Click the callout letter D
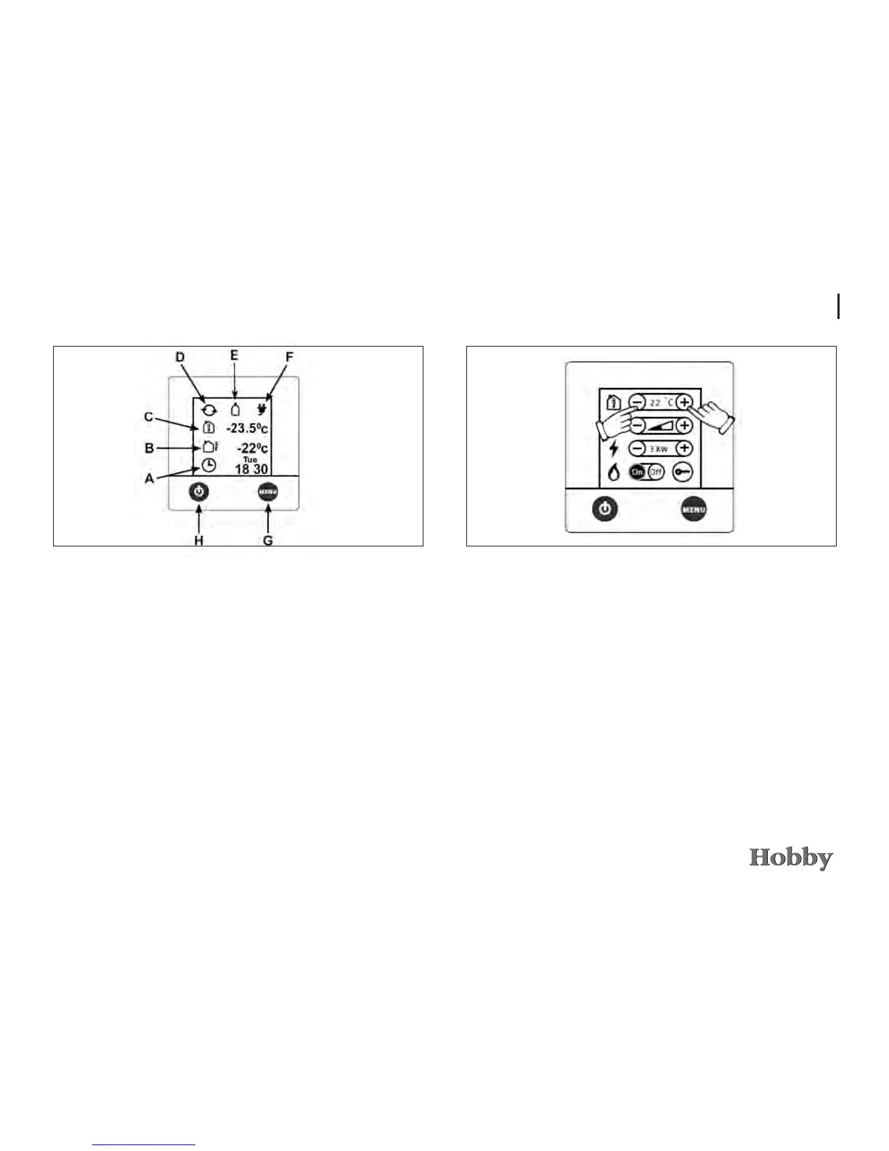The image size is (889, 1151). [181, 358]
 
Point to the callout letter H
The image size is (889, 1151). [198, 541]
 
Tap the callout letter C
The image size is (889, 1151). [149, 417]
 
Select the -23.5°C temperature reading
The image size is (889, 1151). [247, 428]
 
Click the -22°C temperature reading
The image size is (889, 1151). [252, 448]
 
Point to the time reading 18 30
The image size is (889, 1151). [251, 469]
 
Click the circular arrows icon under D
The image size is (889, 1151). [209, 409]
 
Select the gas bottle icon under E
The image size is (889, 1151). [235, 408]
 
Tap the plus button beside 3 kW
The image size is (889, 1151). [683, 448]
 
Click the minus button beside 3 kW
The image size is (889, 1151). [637, 448]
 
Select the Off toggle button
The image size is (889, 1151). [656, 472]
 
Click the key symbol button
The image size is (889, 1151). [682, 472]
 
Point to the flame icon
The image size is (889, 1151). [614, 472]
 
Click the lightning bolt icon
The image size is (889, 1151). [614, 448]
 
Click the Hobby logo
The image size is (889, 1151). [791, 858]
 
